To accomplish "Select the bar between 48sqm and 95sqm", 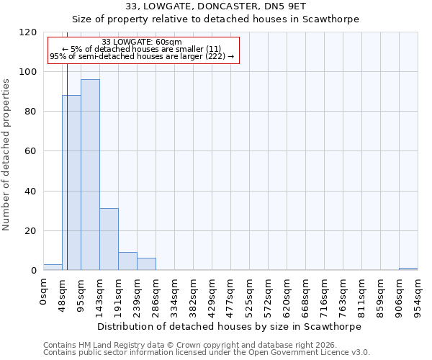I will tap(71, 183).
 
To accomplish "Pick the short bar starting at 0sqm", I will tap(53, 267).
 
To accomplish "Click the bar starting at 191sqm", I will tap(127, 261).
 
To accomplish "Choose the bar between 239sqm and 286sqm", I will tap(146, 264).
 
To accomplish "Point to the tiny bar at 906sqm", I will tap(408, 269).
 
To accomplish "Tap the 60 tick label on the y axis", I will tap(32, 151).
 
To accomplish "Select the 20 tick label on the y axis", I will tap(32, 231).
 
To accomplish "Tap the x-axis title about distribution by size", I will tap(229, 326).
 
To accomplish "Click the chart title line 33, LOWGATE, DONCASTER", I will tap(216, 6).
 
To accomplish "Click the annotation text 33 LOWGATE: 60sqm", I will tap(142, 42).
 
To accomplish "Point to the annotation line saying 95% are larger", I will tap(142, 56).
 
